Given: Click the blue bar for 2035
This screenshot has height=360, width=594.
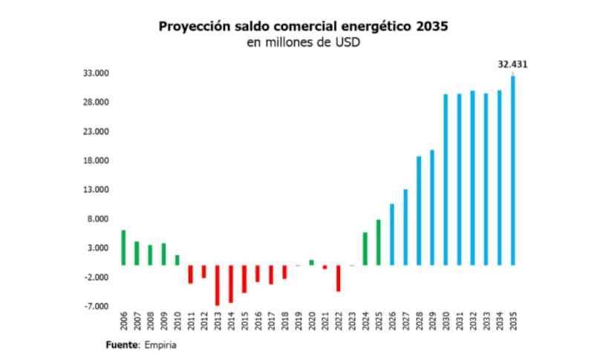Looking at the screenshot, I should point(512,171).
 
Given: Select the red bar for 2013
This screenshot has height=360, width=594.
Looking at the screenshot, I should point(218,285).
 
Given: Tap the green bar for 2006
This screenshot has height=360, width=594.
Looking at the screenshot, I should point(123,247).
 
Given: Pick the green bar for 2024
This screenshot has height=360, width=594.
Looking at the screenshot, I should point(365,249).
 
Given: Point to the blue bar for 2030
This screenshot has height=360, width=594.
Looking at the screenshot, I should point(446,180).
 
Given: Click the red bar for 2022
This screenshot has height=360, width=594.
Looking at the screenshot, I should point(338,278).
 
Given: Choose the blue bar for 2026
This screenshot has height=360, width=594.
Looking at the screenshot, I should point(392,234).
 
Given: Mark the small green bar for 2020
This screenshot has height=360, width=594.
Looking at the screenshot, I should point(311,262).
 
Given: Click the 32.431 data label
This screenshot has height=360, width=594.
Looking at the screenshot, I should point(512,65).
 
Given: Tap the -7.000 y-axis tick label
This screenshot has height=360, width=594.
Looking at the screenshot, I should point(95,307).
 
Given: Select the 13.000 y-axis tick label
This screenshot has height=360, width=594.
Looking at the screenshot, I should point(95,190).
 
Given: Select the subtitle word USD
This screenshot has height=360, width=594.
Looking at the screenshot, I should point(346,42).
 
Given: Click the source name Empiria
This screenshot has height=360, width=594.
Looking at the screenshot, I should point(161,345).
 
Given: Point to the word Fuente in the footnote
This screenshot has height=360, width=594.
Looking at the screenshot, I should point(123,345).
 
